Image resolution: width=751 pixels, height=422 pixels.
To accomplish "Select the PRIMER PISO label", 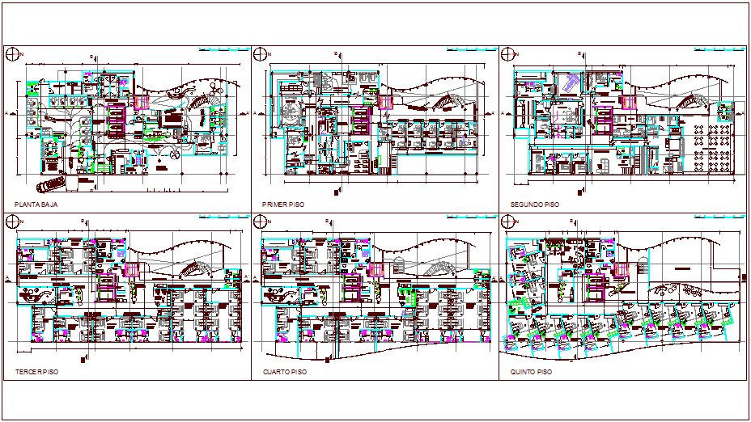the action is point(282,205).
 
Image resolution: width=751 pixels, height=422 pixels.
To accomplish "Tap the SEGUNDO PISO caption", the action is point(531,205).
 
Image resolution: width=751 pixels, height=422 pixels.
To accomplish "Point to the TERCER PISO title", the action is point(36,372).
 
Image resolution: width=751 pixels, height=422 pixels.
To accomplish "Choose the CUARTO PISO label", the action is point(284,372).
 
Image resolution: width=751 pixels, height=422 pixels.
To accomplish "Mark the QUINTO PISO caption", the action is point(531,372).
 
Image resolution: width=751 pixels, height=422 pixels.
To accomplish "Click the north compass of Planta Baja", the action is point(11,54).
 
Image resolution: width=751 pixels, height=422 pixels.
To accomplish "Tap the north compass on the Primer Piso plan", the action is point(260,54).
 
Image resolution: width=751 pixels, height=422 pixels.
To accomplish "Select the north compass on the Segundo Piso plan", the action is point(507,54).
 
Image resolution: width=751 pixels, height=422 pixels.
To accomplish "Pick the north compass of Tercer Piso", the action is point(11,222).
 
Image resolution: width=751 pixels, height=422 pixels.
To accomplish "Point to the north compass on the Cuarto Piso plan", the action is point(260,222).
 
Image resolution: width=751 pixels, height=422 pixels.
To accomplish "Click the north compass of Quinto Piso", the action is point(507,222).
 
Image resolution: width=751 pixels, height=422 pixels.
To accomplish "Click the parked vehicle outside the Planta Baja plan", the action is point(53,179).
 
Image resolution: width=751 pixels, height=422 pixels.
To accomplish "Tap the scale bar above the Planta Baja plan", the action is point(222,50).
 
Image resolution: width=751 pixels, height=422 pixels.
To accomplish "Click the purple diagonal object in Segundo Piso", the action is point(571,81).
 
